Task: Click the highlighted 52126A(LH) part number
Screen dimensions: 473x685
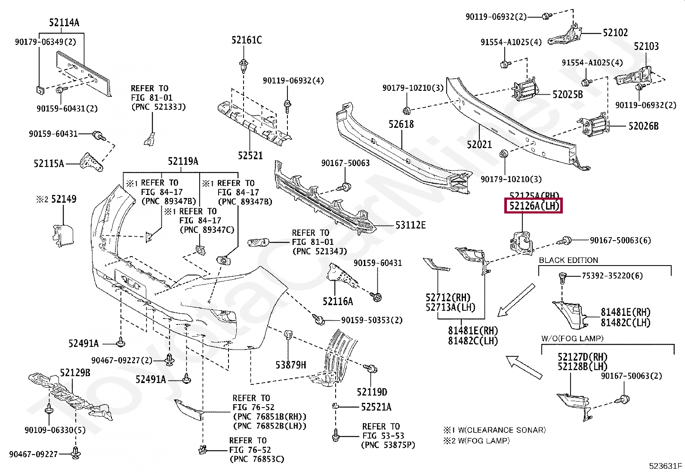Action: [534, 207]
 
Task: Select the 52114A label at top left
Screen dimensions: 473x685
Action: [64, 23]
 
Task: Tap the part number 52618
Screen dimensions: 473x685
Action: [401, 124]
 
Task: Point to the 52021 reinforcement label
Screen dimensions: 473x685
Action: [479, 144]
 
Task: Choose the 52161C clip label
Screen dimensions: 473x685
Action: [246, 40]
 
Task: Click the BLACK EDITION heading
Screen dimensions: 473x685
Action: [568, 260]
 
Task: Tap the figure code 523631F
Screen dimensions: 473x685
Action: [666, 466]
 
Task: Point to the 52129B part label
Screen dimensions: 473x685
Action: [75, 373]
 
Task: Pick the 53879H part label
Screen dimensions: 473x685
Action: [291, 365]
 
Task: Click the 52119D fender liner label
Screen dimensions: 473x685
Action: [372, 392]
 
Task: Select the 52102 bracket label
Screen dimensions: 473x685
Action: [615, 33]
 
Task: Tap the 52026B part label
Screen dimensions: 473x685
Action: [643, 127]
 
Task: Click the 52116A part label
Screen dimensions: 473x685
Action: [338, 301]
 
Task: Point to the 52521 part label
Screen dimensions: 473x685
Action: [250, 155]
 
